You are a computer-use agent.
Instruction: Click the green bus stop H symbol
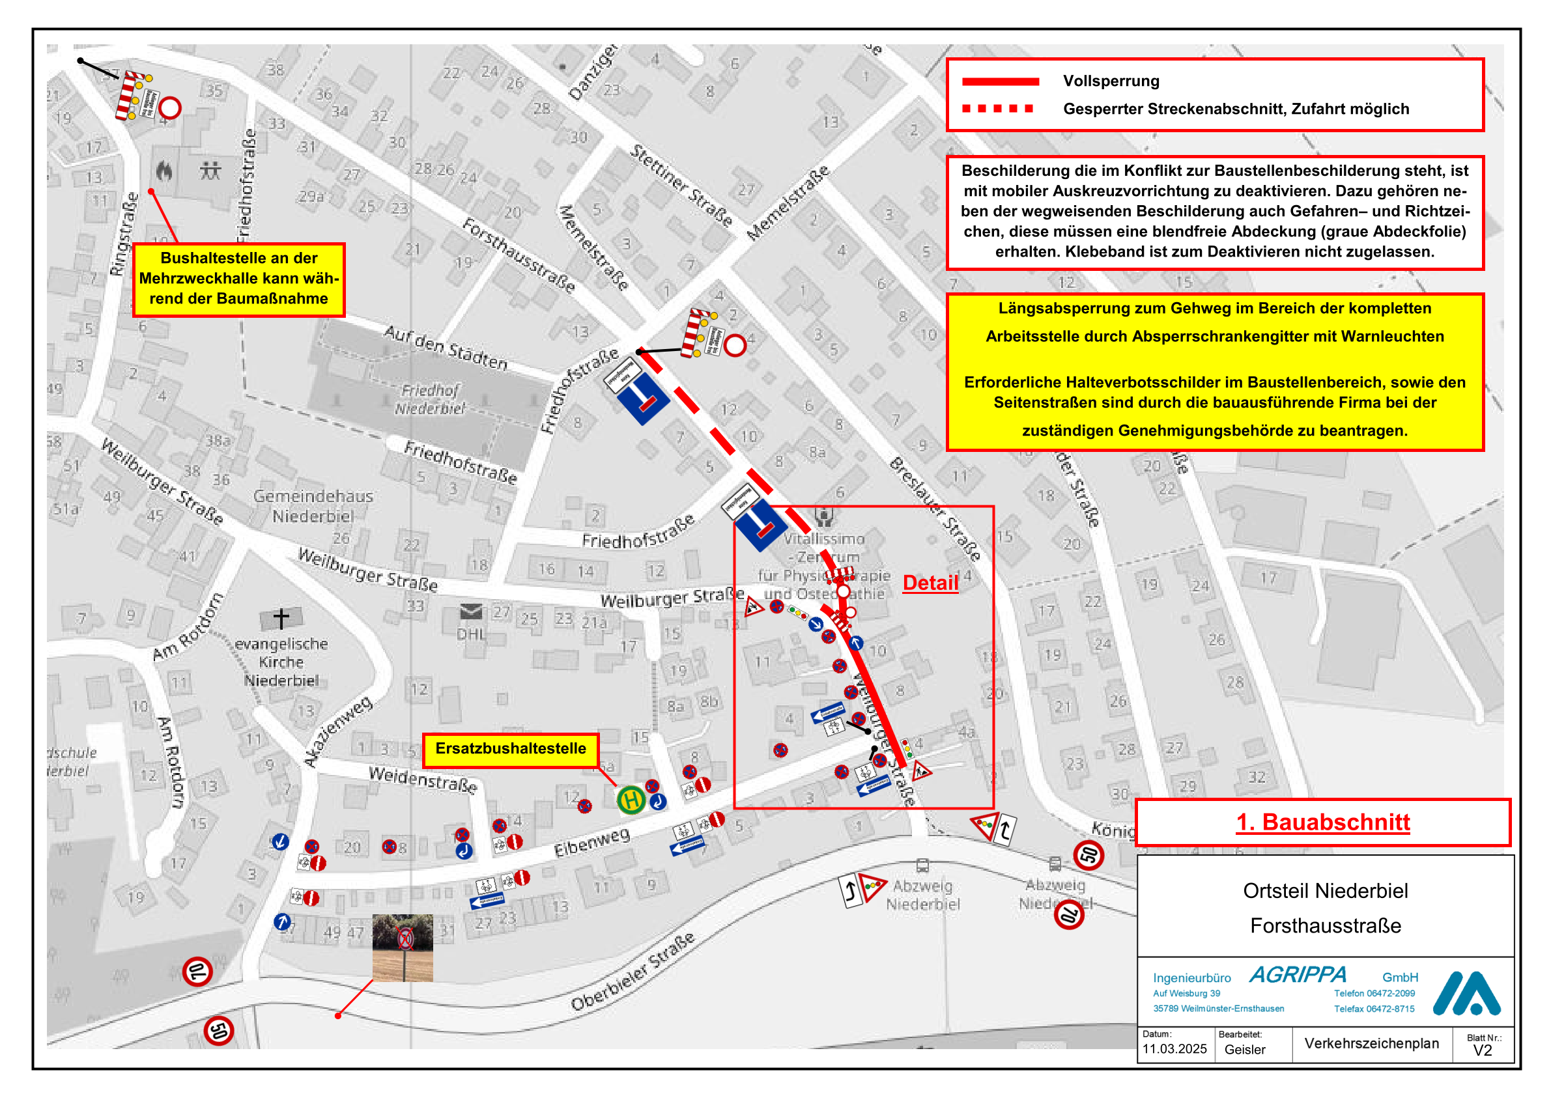[631, 800]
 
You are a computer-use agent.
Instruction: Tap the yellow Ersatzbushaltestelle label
[510, 749]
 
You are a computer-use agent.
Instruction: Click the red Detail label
[930, 583]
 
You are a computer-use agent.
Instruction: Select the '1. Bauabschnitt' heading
[1322, 822]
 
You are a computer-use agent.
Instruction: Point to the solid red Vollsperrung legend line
[1000, 81]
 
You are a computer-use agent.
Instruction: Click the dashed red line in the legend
[997, 109]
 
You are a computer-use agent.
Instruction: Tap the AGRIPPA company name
[1297, 974]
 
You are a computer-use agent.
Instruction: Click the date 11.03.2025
[1174, 1048]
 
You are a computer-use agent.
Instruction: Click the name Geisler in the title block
[1244, 1049]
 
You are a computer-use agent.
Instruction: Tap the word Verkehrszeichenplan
[1371, 1043]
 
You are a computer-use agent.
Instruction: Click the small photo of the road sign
[403, 948]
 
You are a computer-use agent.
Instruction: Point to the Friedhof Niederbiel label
[431, 399]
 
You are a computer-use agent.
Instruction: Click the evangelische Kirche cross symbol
[281, 617]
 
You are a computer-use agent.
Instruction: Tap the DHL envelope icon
[471, 611]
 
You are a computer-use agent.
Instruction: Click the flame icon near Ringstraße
[164, 171]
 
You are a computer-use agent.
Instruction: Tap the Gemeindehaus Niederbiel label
[313, 506]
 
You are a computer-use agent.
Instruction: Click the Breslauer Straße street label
[935, 509]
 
